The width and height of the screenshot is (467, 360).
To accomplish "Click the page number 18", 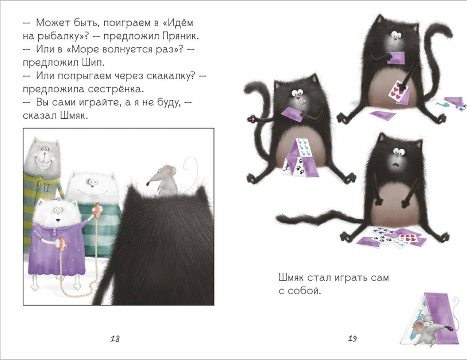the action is tap(115, 339).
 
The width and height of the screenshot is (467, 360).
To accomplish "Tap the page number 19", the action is tap(352, 339).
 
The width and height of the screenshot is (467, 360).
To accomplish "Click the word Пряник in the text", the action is tap(181, 36).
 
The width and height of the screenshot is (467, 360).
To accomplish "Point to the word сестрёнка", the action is tap(116, 89).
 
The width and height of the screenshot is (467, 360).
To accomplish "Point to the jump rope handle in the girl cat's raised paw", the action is tap(96, 210).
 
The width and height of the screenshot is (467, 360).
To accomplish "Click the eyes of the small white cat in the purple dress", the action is tap(58, 210).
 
